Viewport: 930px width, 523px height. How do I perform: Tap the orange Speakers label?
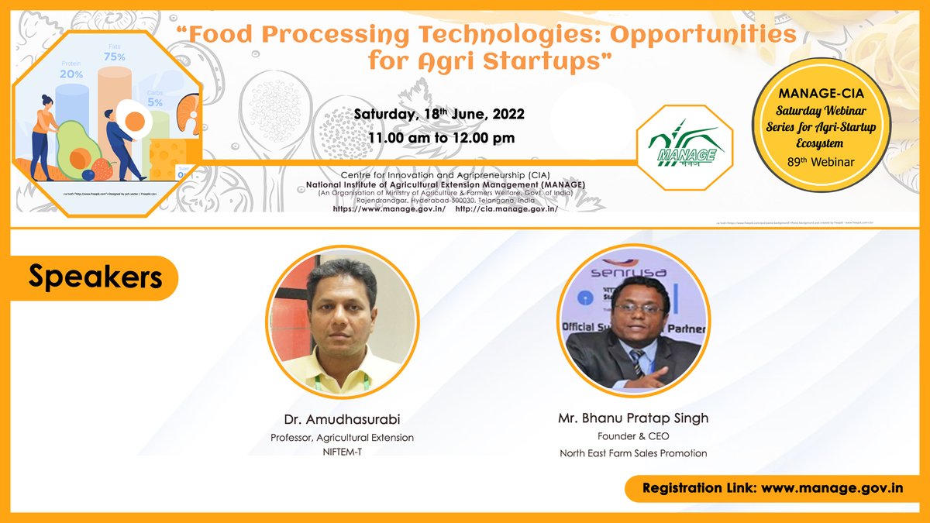95,277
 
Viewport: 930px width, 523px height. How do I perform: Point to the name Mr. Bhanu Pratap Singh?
633,418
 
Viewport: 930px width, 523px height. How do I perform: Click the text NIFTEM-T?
342,452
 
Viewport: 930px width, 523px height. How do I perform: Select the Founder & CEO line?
633,436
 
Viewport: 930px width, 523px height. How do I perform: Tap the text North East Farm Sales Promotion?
633,453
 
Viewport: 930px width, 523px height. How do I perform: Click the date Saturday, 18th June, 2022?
439,114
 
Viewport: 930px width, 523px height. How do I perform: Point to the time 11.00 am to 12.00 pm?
440,138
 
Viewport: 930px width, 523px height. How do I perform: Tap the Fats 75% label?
114,52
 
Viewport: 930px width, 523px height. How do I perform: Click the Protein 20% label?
71,69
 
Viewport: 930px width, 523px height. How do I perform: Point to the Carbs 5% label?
155,98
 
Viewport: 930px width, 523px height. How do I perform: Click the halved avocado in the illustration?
76,150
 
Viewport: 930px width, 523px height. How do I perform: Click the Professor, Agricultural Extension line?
342,438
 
